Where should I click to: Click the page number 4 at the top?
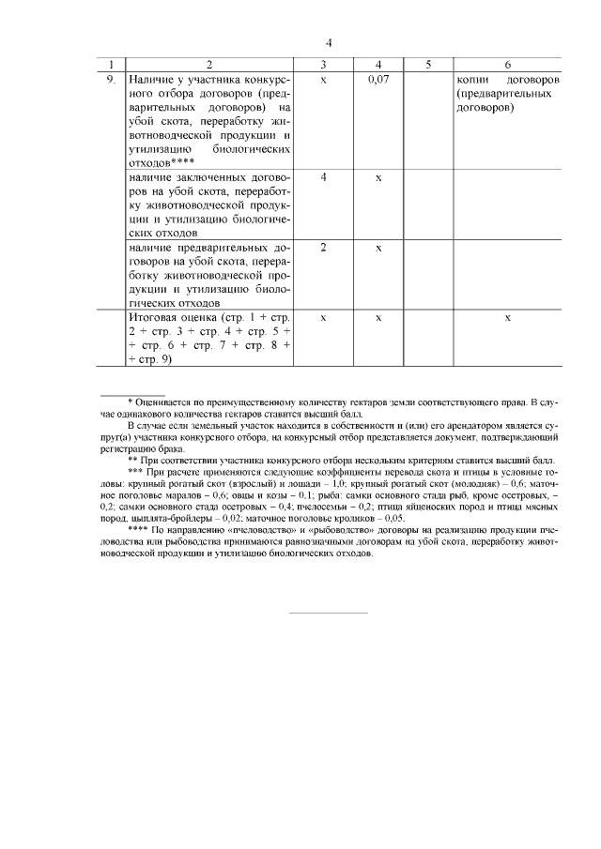[330, 43]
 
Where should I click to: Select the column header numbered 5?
[427, 65]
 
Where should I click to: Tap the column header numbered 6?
[507, 65]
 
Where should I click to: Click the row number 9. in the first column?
[111, 80]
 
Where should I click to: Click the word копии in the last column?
[472, 80]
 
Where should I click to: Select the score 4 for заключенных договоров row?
[323, 177]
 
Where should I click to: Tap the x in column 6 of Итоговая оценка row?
[507, 318]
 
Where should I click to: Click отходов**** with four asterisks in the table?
[162, 162]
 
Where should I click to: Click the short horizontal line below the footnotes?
[328, 614]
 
